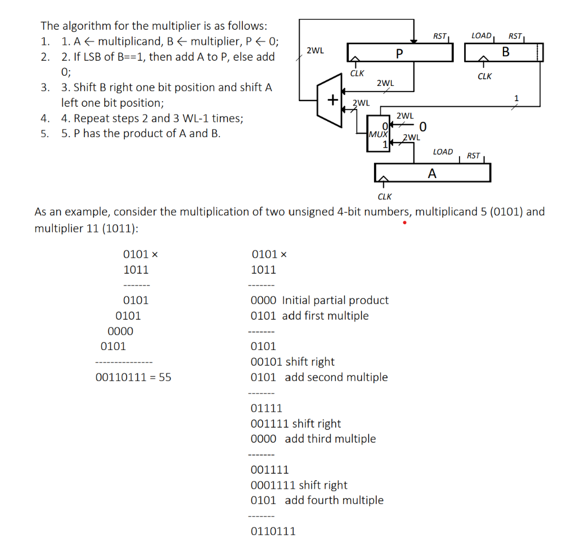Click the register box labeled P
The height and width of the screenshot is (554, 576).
(x=399, y=53)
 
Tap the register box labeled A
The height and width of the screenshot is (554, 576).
(x=432, y=173)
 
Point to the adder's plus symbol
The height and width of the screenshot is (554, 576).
(x=333, y=101)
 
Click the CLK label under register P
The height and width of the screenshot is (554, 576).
(x=357, y=73)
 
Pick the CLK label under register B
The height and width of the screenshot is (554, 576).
(x=484, y=76)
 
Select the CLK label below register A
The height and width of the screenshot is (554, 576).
(x=385, y=197)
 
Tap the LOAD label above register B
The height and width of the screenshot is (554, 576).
(x=481, y=35)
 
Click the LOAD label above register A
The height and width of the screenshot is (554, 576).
(x=443, y=152)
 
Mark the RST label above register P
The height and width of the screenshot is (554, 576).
(x=440, y=37)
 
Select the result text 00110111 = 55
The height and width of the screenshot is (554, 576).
(x=133, y=378)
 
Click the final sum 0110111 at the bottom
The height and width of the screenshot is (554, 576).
(x=272, y=531)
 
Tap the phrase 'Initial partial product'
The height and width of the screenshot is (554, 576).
(x=335, y=301)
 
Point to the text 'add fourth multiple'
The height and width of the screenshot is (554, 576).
(x=334, y=500)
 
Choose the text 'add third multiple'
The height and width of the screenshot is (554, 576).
(x=330, y=439)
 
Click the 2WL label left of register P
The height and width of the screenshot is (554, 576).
(x=315, y=51)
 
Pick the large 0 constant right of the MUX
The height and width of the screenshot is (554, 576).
(x=423, y=124)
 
